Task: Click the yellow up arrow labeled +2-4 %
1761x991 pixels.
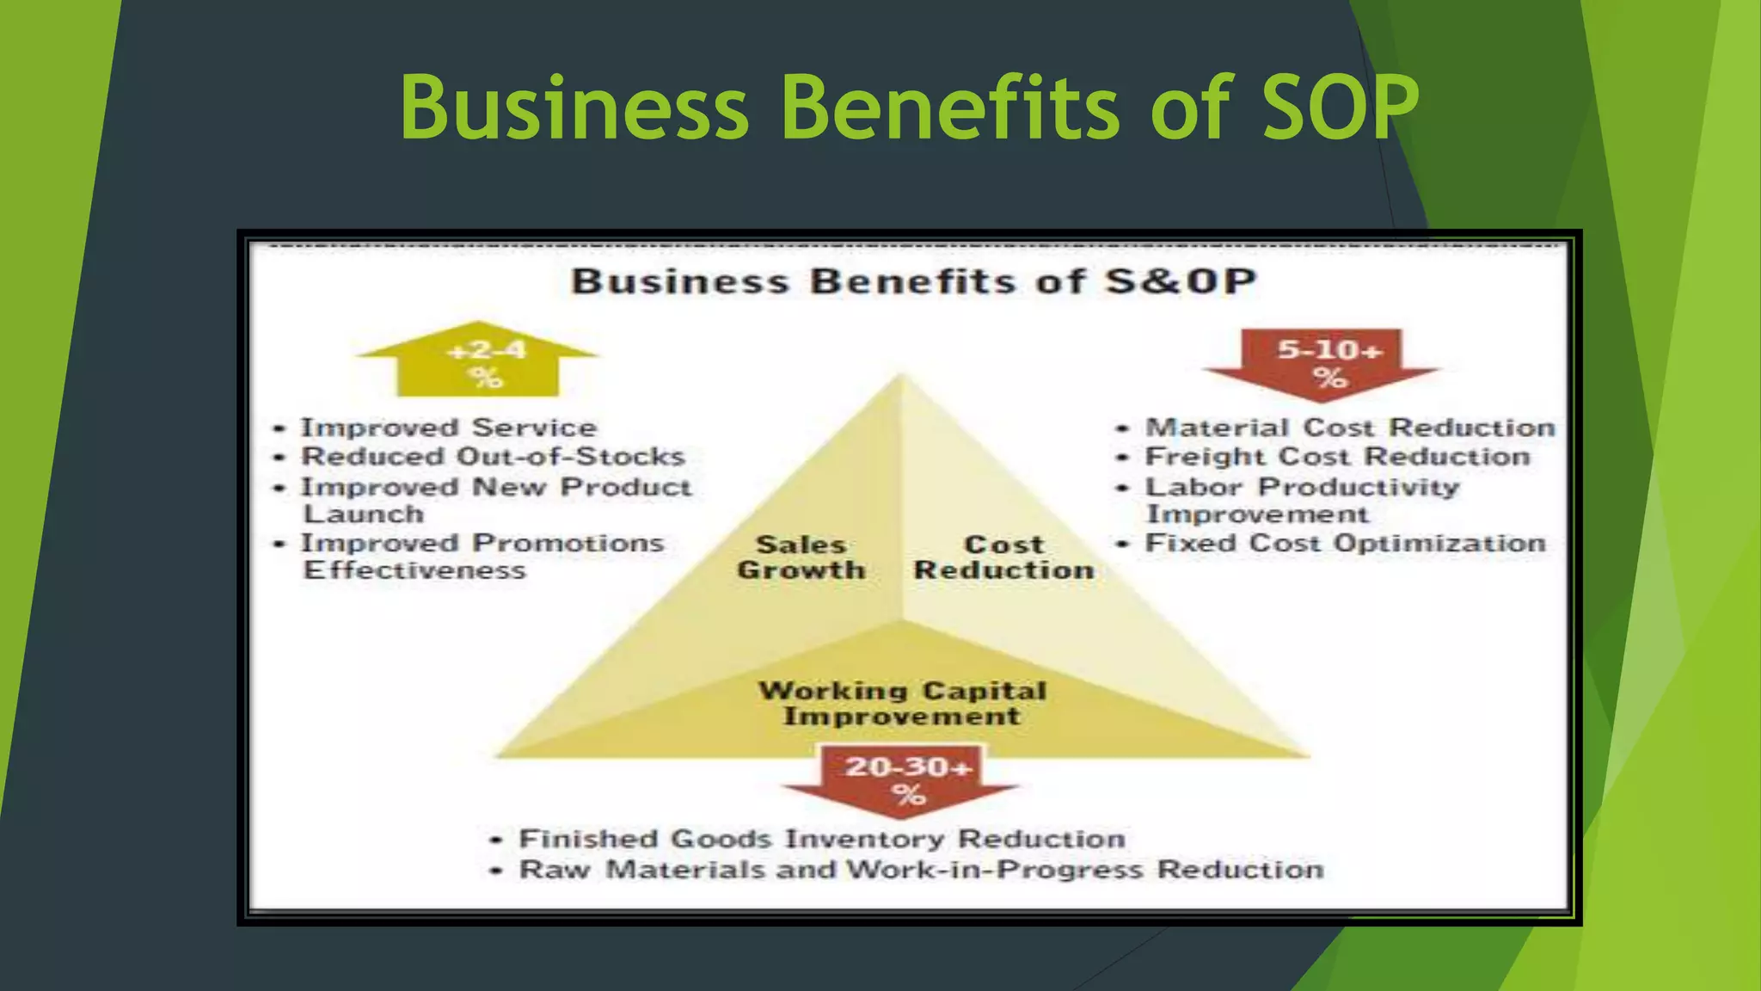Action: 478,361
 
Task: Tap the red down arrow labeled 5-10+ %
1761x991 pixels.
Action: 1323,361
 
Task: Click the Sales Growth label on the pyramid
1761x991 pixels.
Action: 801,557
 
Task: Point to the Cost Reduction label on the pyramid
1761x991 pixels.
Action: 1003,557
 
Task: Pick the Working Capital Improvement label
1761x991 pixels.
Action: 902,704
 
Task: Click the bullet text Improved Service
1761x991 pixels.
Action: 448,428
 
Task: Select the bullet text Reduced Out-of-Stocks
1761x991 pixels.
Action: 492,457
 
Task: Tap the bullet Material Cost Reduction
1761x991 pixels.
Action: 1350,428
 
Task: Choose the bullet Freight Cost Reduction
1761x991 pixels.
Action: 1337,457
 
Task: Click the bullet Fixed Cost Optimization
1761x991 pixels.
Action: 1345,544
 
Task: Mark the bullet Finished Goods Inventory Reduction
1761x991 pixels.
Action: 821,839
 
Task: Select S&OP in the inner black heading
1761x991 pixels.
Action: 1180,282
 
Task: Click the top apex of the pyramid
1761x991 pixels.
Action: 901,376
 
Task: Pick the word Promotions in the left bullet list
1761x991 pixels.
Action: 568,544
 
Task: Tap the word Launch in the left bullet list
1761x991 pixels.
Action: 364,514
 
